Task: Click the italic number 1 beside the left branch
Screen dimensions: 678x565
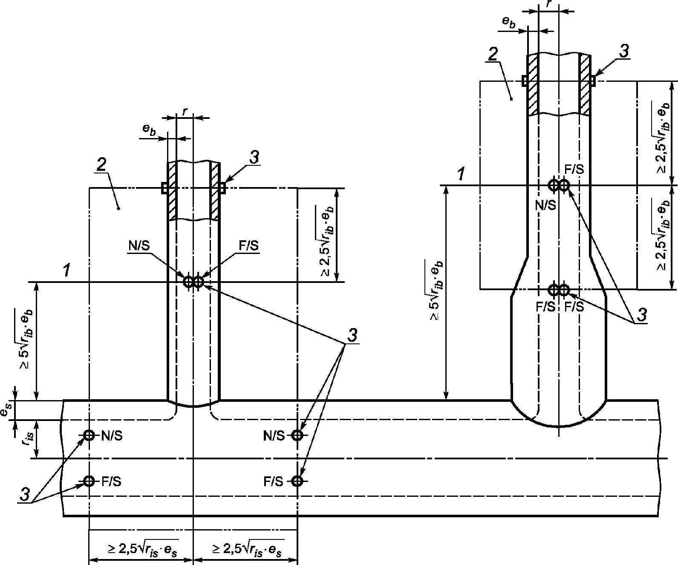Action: click(67, 271)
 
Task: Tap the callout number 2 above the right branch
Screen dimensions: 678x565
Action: click(493, 54)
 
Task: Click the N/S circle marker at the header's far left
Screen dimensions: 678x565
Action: click(89, 435)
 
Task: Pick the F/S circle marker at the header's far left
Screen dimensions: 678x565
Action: click(89, 481)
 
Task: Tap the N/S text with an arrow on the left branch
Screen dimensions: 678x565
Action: click(139, 246)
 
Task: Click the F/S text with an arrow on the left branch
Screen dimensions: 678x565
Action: click(249, 246)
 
